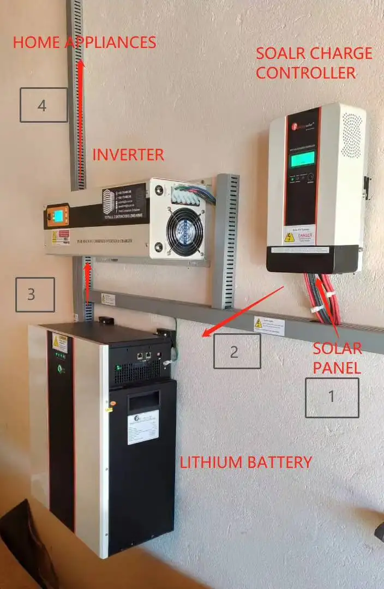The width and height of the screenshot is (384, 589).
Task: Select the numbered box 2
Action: (236, 351)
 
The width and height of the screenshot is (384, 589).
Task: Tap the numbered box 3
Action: (35, 294)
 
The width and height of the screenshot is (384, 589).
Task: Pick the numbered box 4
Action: (44, 105)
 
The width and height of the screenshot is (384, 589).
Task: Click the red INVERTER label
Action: (128, 155)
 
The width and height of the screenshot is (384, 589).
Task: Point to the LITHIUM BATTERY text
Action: (246, 462)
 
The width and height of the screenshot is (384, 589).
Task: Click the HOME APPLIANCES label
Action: (85, 43)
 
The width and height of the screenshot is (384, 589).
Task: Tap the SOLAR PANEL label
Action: (337, 357)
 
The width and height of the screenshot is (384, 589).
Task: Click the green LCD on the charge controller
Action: (303, 159)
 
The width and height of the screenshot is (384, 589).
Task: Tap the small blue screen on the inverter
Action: (57, 216)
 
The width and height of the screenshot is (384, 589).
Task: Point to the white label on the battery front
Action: (143, 427)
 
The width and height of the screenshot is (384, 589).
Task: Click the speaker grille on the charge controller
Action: (352, 135)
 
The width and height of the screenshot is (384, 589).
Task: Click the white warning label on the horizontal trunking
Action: (268, 326)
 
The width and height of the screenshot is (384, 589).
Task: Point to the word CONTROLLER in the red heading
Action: (305, 73)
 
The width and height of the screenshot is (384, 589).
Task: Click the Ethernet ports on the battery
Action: (145, 357)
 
